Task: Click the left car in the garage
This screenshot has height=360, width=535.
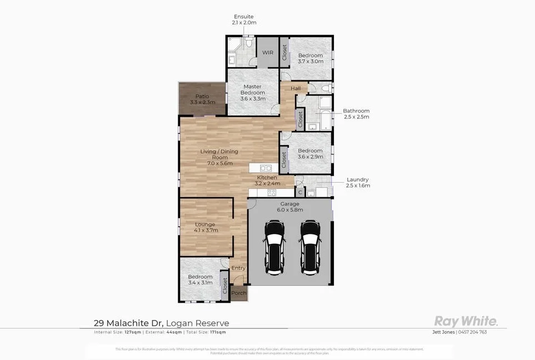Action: point(274,247)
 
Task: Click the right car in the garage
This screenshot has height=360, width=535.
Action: point(310,247)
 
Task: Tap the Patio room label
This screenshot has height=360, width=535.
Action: point(202,99)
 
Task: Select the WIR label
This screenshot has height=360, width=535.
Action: point(268,53)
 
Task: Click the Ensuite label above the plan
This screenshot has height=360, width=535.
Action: point(244,19)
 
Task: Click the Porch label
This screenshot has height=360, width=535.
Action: point(239,293)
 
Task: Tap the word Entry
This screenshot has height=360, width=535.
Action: point(238,268)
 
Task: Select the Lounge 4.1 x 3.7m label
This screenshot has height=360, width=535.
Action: point(205,227)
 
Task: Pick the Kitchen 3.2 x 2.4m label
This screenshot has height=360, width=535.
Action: point(267,180)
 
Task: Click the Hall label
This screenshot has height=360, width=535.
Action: point(296,88)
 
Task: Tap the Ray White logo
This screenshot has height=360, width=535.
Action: point(466,321)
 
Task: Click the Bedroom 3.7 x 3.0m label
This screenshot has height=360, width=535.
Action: point(310,58)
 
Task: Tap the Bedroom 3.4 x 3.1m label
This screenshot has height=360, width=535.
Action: point(200,279)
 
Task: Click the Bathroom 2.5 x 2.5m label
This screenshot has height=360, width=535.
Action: point(356,114)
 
